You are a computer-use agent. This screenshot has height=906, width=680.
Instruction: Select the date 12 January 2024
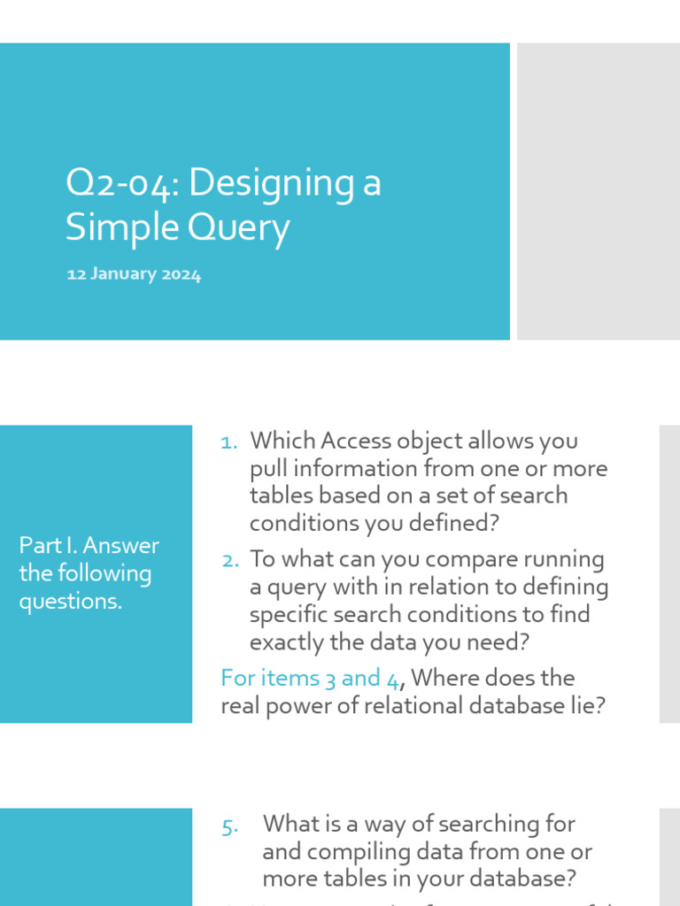tap(134, 275)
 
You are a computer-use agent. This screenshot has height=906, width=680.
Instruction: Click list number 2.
tap(230, 561)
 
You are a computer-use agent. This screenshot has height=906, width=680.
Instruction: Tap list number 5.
tap(230, 826)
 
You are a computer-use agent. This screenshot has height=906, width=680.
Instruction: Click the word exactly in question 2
tap(289, 642)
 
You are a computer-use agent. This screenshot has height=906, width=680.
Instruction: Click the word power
tap(298, 706)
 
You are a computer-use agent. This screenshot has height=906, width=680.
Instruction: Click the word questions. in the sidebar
tap(70, 602)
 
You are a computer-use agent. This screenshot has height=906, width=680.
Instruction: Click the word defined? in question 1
tap(456, 523)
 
